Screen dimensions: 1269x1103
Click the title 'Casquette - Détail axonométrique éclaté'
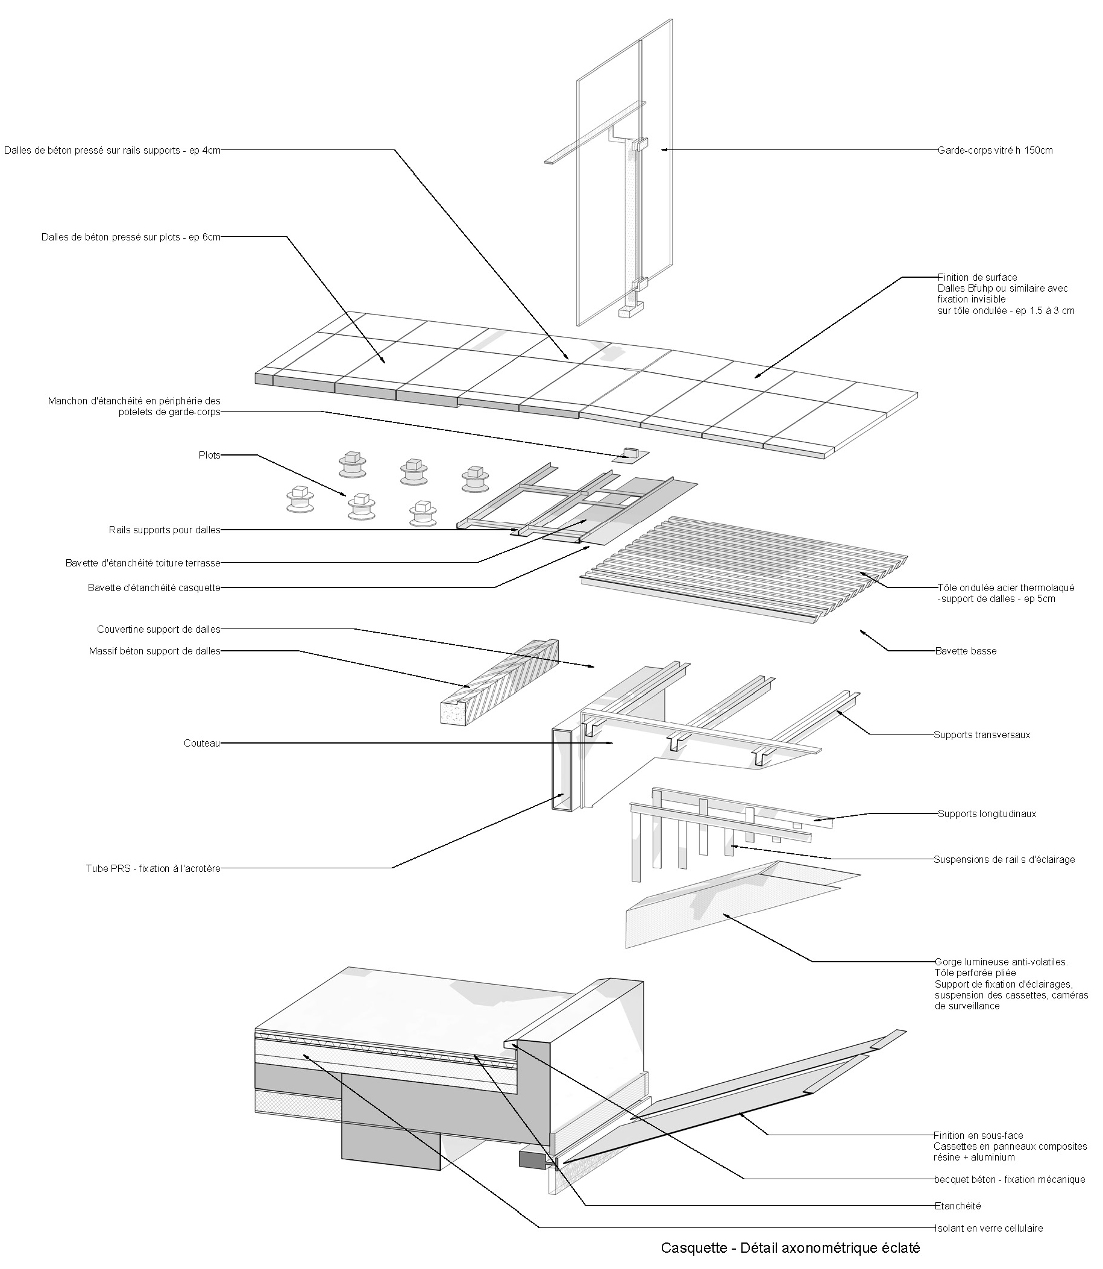tap(790, 1247)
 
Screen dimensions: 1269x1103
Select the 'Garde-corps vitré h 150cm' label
tap(995, 150)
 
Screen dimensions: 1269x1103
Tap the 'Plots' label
tap(209, 456)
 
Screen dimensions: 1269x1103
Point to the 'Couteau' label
tap(202, 744)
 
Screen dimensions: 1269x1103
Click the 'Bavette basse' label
tap(965, 651)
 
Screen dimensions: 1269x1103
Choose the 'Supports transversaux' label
tap(982, 734)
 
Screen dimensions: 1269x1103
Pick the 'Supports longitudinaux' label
tap(987, 813)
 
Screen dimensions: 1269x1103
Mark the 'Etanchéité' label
tap(957, 1206)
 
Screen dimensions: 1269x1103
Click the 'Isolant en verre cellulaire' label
tap(988, 1228)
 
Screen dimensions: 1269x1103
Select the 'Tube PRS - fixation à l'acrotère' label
tap(153, 868)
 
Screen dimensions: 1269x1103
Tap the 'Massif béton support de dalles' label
tap(154, 651)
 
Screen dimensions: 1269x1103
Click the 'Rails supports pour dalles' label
tap(165, 530)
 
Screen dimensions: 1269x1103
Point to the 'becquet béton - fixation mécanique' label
tap(1010, 1179)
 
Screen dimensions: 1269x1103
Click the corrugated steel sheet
tap(745, 566)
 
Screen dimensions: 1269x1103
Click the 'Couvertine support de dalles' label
tap(158, 629)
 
